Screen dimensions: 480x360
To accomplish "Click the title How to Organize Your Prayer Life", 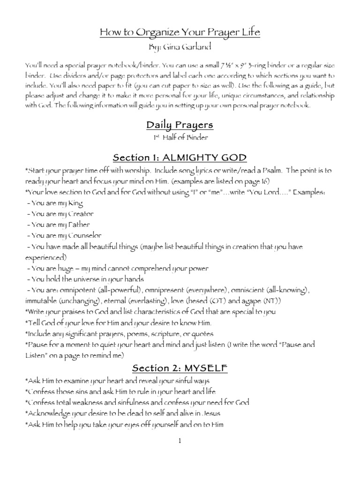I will (180, 32).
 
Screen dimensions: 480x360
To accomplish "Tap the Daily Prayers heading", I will (180, 125).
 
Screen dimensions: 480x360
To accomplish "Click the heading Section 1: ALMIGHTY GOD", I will (180, 157).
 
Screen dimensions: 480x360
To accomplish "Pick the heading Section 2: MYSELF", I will (180, 368).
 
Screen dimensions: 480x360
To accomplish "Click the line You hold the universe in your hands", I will (80, 279).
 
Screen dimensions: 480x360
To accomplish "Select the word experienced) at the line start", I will (45, 257).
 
